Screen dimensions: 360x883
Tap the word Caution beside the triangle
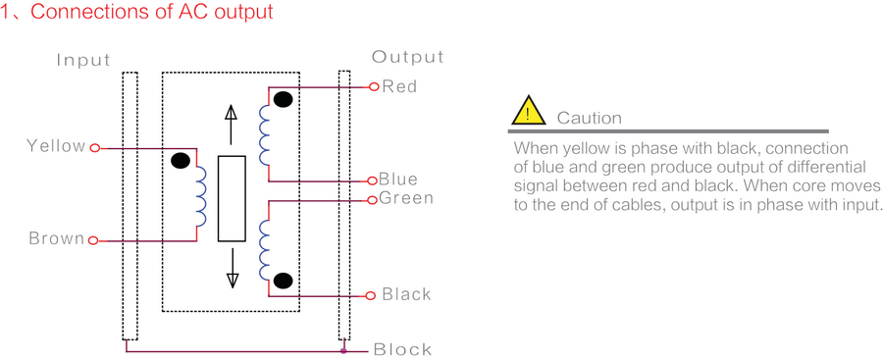point(589,118)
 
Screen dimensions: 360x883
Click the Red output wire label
point(399,86)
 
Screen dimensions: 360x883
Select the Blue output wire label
point(398,180)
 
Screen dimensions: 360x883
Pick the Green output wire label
point(405,199)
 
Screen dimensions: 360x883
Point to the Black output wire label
point(406,294)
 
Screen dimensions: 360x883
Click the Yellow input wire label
point(56,146)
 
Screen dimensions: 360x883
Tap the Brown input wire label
point(56,239)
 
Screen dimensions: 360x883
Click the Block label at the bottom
point(402,349)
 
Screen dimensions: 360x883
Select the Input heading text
point(83,61)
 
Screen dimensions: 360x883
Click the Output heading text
point(407,57)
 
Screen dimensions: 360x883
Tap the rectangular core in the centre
point(232,198)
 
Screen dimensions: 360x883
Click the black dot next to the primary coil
point(181,162)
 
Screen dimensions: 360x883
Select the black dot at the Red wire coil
point(284,99)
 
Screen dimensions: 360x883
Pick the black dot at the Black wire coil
point(284,282)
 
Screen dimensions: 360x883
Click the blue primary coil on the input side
point(200,196)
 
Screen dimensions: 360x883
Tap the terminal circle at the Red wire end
point(374,86)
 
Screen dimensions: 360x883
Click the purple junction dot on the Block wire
point(342,349)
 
